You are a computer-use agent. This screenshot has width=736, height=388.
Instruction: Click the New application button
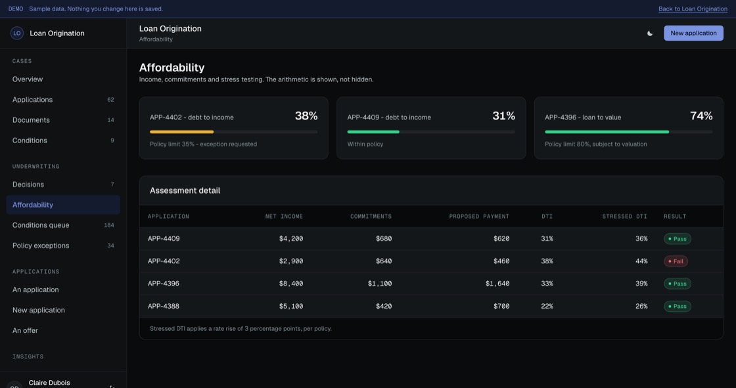tap(693, 33)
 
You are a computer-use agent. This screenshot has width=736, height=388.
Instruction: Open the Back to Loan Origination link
tap(693, 9)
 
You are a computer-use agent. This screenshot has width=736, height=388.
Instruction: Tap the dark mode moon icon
tap(650, 33)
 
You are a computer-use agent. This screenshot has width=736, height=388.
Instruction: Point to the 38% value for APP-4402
tap(306, 116)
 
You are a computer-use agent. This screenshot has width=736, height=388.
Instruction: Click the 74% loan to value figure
tap(701, 116)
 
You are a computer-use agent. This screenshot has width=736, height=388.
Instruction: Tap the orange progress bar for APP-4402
tap(181, 132)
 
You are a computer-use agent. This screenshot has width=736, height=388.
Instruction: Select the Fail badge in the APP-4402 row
tap(676, 261)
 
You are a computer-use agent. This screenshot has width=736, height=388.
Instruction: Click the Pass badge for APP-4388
tap(678, 307)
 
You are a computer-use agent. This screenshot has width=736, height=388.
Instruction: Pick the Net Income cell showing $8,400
tap(291, 284)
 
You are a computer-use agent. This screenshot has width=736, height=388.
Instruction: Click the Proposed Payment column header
tap(479, 216)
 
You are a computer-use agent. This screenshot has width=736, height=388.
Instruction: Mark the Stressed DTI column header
tap(625, 216)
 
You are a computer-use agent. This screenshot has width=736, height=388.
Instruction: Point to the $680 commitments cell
tap(384, 238)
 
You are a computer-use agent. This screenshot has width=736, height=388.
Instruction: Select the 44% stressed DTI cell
tap(641, 261)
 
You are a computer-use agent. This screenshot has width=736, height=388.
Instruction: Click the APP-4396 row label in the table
tap(164, 284)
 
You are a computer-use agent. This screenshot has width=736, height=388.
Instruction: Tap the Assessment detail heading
tap(185, 190)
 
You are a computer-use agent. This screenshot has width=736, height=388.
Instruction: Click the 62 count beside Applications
tap(111, 100)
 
